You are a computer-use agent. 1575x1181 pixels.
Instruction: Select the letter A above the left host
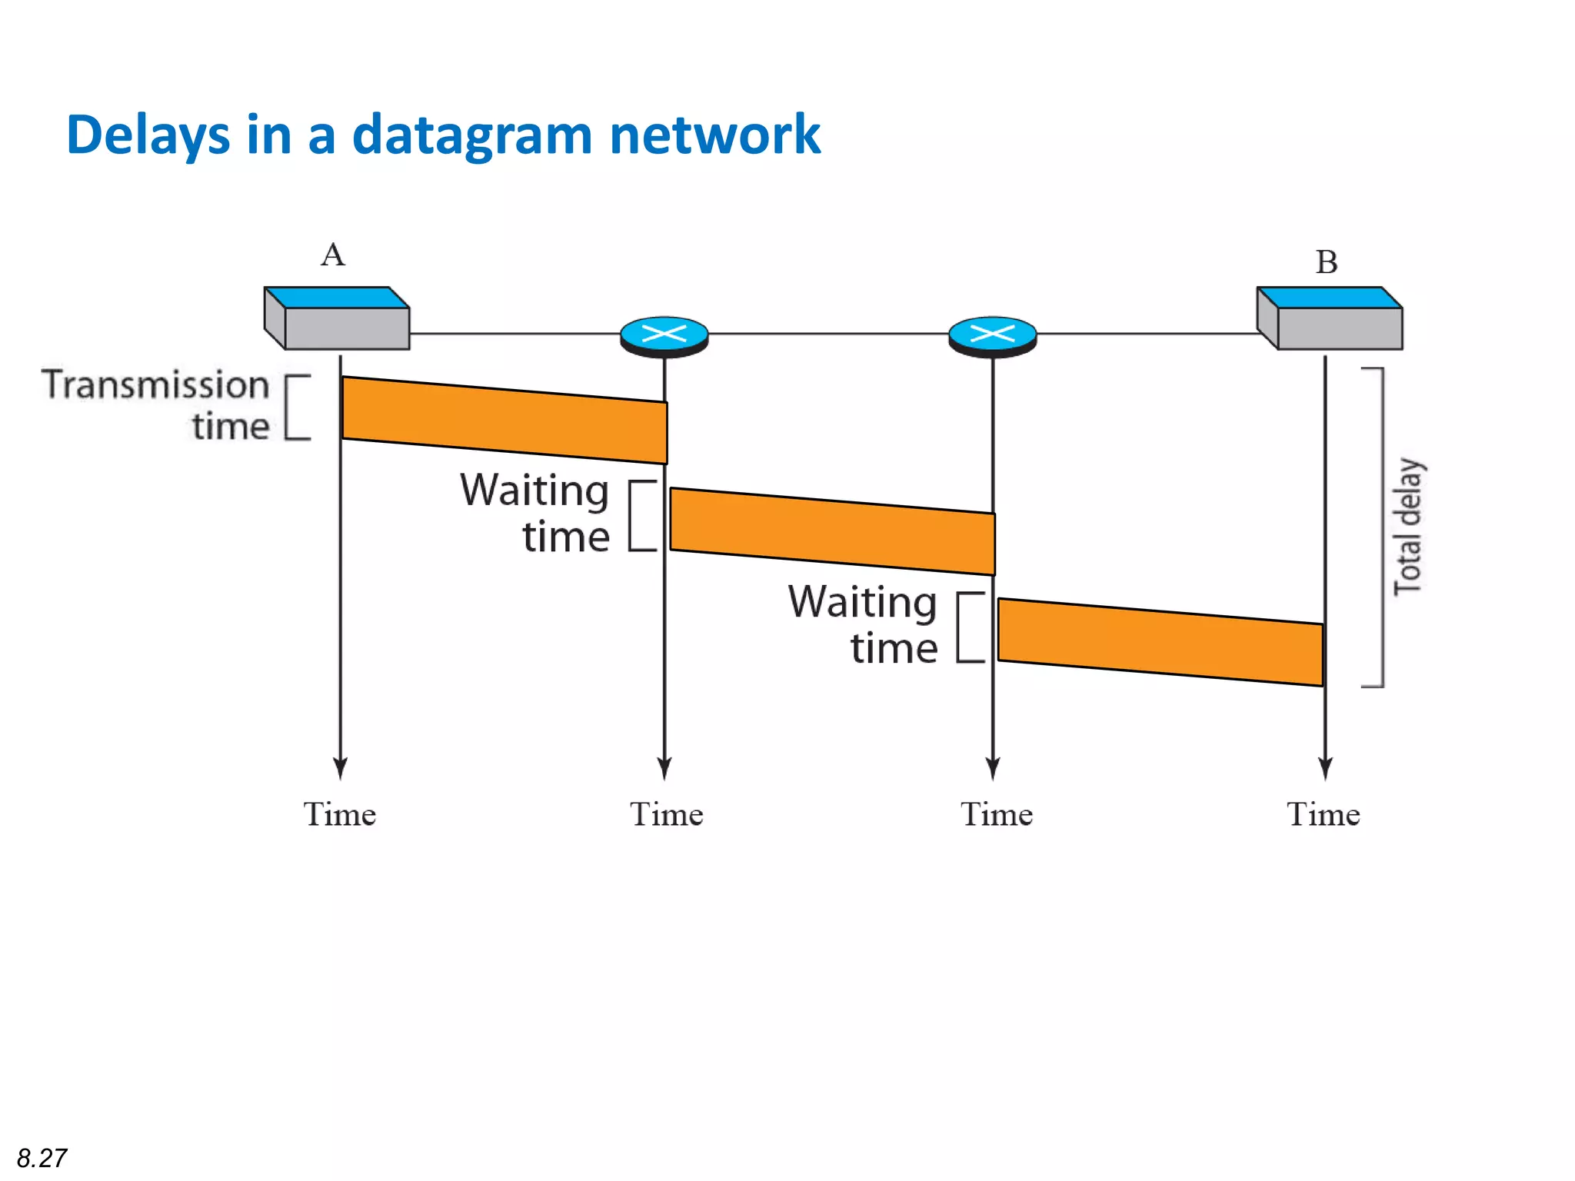coord(333,254)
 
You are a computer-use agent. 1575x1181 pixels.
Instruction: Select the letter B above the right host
coord(1326,262)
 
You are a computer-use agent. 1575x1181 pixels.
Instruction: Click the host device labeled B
coord(1330,318)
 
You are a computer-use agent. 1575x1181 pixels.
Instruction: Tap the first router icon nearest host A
coord(664,336)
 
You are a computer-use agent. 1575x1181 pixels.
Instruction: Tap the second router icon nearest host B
coord(992,336)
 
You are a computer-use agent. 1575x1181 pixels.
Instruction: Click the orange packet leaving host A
coord(504,420)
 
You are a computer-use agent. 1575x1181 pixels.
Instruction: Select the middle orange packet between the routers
coord(832,531)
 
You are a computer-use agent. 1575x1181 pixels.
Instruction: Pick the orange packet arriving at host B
coord(1160,642)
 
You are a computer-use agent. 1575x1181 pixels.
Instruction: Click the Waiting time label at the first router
coord(536,513)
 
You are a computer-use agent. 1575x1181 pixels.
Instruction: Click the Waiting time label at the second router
coord(863,624)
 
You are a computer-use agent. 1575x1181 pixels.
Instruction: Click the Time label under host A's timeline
coord(339,814)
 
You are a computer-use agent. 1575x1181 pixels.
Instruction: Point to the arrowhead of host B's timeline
coord(1324,769)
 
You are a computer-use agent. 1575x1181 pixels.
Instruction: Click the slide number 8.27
coord(42,1157)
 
